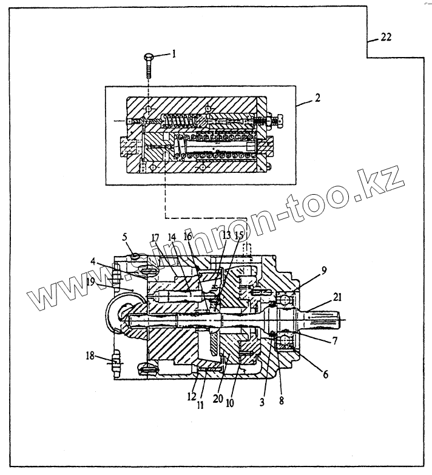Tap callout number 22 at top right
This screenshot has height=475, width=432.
coord(386,37)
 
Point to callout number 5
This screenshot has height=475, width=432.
coord(125,235)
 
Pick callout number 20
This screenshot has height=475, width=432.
coord(216,400)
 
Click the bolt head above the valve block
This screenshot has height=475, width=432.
coord(148,57)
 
